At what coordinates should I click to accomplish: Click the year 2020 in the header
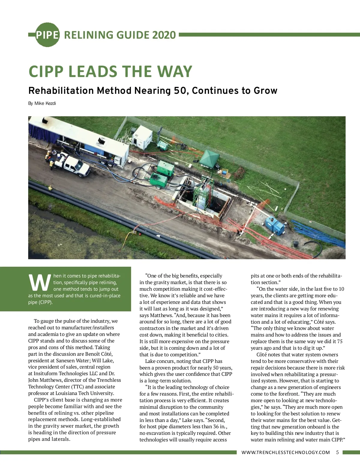164,35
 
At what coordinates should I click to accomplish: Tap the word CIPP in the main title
46,72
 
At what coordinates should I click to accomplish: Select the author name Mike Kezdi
45,103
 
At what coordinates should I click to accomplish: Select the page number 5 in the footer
337,452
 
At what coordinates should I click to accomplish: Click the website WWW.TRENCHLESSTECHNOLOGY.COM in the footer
286,453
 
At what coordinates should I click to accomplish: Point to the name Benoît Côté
99,354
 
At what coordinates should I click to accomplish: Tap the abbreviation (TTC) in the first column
78,387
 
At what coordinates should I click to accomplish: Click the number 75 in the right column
340,341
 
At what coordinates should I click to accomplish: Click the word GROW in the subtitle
265,91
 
